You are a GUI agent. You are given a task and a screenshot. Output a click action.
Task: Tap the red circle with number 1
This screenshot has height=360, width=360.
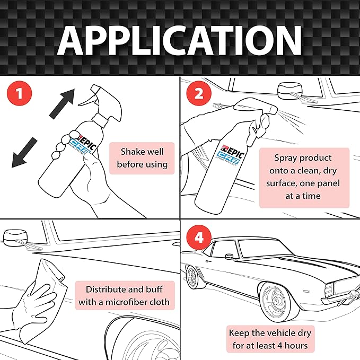point(19,95)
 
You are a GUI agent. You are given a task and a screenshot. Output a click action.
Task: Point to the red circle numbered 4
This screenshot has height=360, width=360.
point(198,238)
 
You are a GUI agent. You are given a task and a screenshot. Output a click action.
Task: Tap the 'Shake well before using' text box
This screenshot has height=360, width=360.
point(142,157)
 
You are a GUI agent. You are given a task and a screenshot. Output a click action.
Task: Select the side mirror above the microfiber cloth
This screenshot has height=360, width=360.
point(16,236)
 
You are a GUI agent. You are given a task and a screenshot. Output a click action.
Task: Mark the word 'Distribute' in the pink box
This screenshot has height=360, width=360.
point(101,289)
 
